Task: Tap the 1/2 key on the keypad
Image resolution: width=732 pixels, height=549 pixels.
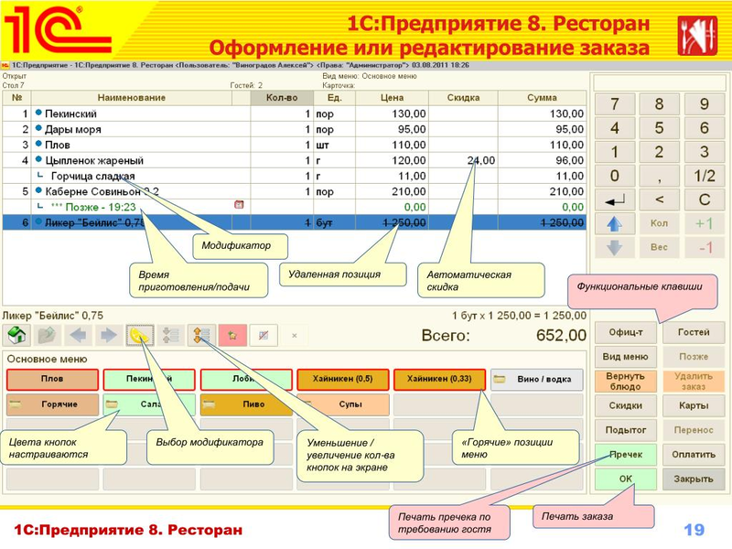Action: coord(704,176)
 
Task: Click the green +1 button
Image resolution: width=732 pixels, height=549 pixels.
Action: coord(704,223)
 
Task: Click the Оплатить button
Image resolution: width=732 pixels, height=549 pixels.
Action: coord(694,454)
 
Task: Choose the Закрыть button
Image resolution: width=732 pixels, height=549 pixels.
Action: coord(694,479)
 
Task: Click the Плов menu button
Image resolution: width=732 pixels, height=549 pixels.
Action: coord(51,380)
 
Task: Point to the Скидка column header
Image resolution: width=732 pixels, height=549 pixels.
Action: coord(463,98)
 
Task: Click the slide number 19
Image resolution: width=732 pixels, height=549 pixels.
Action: coord(694,530)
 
